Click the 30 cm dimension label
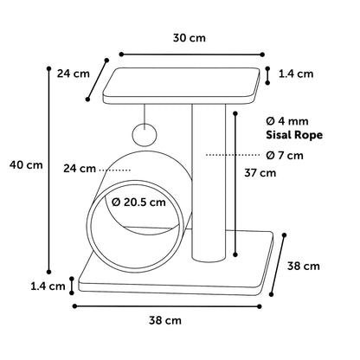tap(190, 38)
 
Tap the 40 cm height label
tap(26, 165)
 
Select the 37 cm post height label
tap(260, 173)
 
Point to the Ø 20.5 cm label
tap(138, 202)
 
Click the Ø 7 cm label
tap(285, 156)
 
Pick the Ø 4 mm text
tap(287, 121)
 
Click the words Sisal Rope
tap(294, 135)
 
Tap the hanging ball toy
tap(145, 134)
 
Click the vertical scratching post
tap(209, 183)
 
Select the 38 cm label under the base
tap(165, 320)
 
